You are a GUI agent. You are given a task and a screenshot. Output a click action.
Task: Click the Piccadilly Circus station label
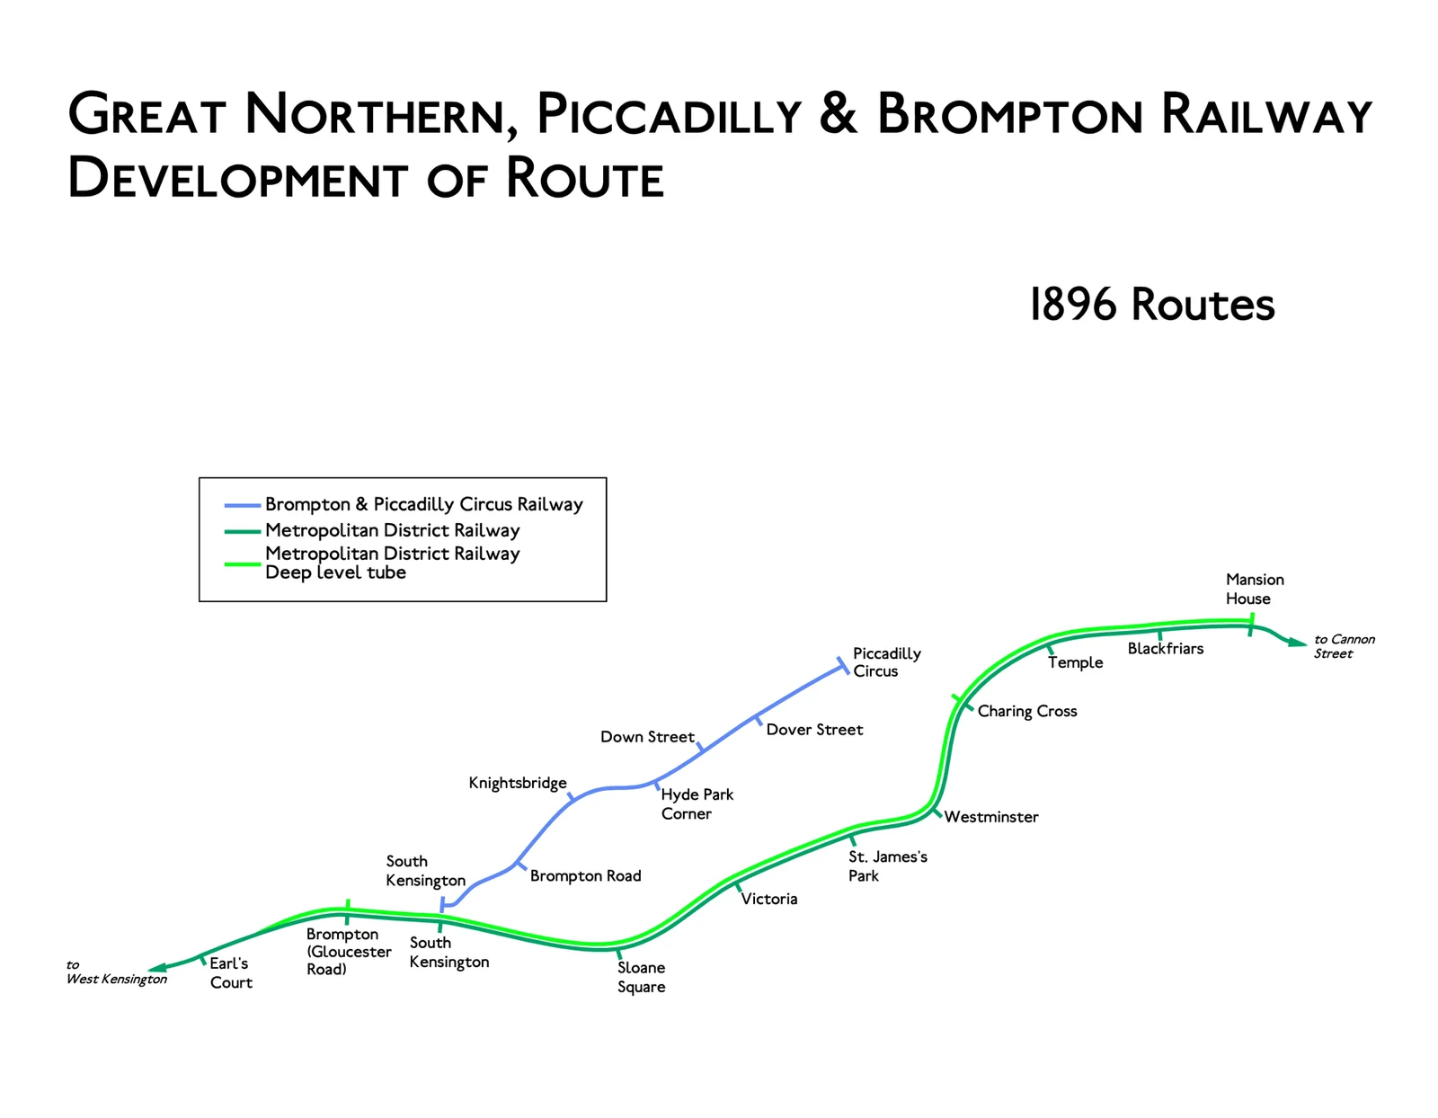pyautogui.click(x=886, y=662)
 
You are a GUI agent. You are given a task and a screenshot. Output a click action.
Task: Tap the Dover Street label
pyautogui.click(x=814, y=730)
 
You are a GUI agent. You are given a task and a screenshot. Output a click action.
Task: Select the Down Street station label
pyautogui.click(x=647, y=737)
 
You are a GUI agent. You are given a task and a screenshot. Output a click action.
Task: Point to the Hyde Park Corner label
pyautogui.click(x=697, y=804)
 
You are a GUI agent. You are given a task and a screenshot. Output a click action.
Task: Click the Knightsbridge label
pyautogui.click(x=518, y=783)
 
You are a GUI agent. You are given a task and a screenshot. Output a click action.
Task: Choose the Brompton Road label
pyautogui.click(x=585, y=876)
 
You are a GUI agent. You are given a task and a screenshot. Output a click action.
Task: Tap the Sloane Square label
pyautogui.click(x=641, y=977)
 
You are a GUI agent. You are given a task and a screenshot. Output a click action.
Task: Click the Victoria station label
pyautogui.click(x=768, y=899)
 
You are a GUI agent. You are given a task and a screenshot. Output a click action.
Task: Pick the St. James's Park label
pyautogui.click(x=887, y=866)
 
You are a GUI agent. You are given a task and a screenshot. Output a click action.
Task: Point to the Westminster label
pyautogui.click(x=990, y=817)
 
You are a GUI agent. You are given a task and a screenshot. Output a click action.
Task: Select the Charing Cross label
pyautogui.click(x=1026, y=711)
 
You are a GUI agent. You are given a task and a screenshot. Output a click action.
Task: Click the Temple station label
pyautogui.click(x=1075, y=662)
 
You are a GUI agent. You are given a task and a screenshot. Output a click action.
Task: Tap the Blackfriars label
pyautogui.click(x=1165, y=649)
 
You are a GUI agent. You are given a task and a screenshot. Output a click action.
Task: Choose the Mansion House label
pyautogui.click(x=1255, y=589)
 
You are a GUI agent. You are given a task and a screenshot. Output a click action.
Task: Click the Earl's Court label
pyautogui.click(x=230, y=973)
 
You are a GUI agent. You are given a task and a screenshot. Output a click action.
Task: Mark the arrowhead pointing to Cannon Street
pyautogui.click(x=1297, y=642)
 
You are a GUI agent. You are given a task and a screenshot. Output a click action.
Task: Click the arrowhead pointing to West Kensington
pyautogui.click(x=156, y=968)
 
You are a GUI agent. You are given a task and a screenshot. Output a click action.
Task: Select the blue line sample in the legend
pyautogui.click(x=242, y=505)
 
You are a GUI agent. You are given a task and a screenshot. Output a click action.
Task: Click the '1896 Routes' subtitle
pyautogui.click(x=1151, y=305)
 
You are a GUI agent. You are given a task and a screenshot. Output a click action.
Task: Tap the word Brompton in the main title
pyautogui.click(x=1009, y=115)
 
